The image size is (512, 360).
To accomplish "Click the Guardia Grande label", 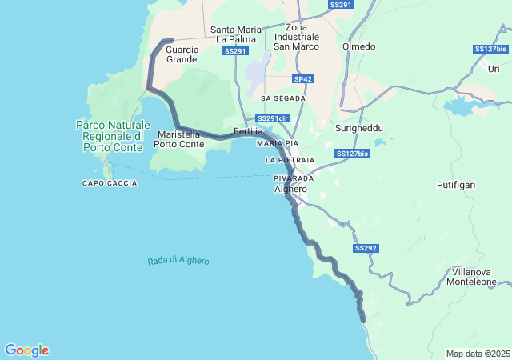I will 182,54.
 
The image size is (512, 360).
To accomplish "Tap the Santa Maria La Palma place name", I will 235,34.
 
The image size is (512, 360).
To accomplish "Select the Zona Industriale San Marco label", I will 296,37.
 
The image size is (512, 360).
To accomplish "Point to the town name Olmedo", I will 358,46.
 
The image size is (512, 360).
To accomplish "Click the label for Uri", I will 494,70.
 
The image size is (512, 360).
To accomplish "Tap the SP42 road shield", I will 303,79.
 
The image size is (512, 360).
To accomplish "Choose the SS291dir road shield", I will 273,118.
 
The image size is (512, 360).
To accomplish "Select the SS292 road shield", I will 365,248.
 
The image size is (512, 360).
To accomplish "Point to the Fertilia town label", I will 248,131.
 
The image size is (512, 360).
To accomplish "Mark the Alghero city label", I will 290,189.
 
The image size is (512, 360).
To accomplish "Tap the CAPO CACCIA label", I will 110,183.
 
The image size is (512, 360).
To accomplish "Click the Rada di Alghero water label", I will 178,261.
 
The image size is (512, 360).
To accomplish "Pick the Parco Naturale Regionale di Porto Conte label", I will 113,136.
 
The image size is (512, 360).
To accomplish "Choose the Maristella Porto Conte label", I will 178,139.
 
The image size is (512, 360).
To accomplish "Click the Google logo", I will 26,350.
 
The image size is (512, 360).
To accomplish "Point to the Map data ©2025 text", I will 477,354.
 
